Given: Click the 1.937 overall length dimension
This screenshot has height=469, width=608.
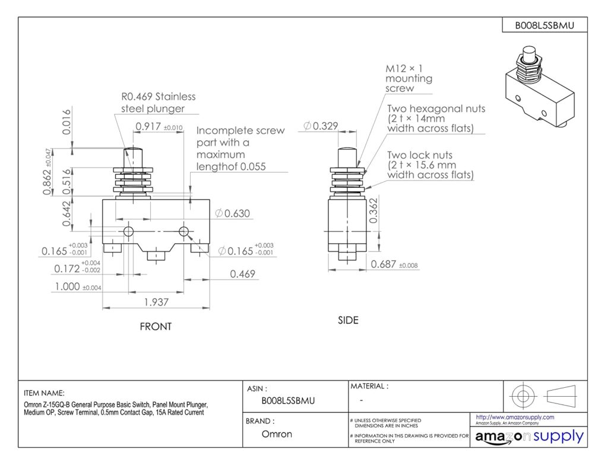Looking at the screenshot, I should pos(156,302).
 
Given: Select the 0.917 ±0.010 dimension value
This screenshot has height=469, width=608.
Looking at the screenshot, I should pos(150,126).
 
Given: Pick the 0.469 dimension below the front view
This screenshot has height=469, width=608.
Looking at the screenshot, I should pos(242,273).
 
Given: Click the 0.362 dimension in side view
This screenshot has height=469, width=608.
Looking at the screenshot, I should pos(373,211).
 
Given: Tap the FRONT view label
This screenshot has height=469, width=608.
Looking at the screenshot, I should pos(156,327).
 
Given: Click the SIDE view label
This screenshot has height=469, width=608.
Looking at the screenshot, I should pos(348,320).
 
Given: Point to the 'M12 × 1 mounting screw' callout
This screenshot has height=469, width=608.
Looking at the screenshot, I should pos(410,78).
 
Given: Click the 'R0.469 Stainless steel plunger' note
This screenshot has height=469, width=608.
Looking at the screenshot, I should pos(158,102).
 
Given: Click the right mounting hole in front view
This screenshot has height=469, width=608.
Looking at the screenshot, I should pos(183,231).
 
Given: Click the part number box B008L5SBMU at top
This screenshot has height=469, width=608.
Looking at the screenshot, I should pos(543,25).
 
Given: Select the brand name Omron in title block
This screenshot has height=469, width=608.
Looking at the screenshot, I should pos(277,434).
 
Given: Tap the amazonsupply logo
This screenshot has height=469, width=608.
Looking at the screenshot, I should pos(529,437).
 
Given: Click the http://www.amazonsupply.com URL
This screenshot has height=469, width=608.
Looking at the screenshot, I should pos(515,417).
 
